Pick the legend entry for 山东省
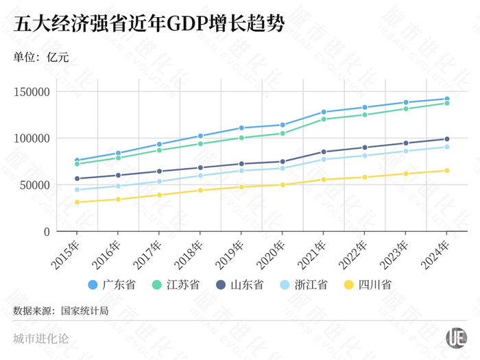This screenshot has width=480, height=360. pos(243,284)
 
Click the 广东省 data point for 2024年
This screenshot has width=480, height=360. pos(446,99)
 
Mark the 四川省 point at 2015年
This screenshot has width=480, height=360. pos(77,202)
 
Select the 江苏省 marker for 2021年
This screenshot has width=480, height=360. pos(323,119)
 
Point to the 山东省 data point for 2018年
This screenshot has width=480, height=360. pos(200,167)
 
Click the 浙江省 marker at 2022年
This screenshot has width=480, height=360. pos(364,156)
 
